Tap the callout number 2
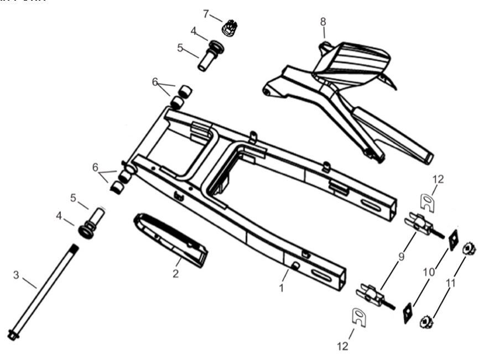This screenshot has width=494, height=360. (x=175, y=274)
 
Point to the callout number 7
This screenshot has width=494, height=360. (x=206, y=13)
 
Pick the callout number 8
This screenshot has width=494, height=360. (x=323, y=22)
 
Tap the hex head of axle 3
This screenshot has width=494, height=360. (x=12, y=335)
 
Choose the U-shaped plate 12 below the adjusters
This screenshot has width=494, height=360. (x=359, y=318)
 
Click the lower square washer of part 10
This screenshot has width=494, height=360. (x=409, y=313)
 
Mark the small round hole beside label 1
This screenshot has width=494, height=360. (x=294, y=268)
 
